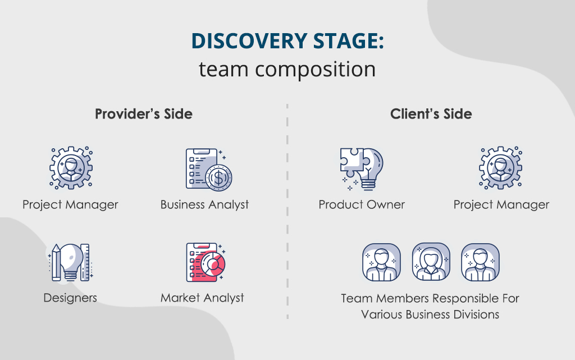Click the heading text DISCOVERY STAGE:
pos(287,42)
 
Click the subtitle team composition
pos(287,69)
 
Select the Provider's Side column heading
pos(144,114)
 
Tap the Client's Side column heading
pos(431,114)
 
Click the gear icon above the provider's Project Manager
pos(71,168)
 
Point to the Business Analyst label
pos(204,204)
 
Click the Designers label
pos(70,298)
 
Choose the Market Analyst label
pos(202,298)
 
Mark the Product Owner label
pos(362,204)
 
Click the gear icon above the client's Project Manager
pos(500,168)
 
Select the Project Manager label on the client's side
pos(501,204)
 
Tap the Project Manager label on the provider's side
pos(70,204)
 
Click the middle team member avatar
pos(431,262)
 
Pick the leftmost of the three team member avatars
pos(381,262)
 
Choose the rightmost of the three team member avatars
pos(480,262)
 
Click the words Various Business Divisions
pos(430,315)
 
